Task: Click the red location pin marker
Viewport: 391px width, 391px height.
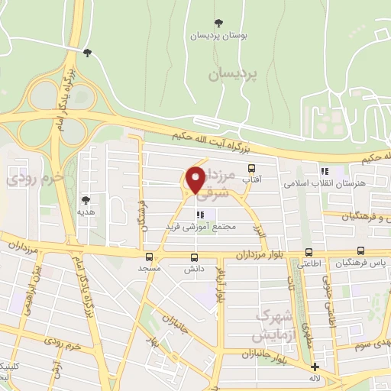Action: click(195, 181)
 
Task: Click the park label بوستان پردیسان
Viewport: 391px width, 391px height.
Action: click(210, 35)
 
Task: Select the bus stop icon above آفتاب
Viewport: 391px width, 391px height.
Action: click(249, 168)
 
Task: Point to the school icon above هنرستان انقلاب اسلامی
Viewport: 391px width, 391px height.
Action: click(325, 172)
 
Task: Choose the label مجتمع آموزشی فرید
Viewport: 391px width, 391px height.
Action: click(202, 227)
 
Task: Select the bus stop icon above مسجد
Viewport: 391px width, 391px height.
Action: click(148, 257)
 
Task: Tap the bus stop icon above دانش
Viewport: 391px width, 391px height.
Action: click(194, 257)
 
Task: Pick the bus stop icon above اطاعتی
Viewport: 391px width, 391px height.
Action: click(309, 252)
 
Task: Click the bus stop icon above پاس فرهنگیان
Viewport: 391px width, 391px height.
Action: click(360, 250)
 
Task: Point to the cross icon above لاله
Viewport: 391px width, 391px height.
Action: click(315, 367)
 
